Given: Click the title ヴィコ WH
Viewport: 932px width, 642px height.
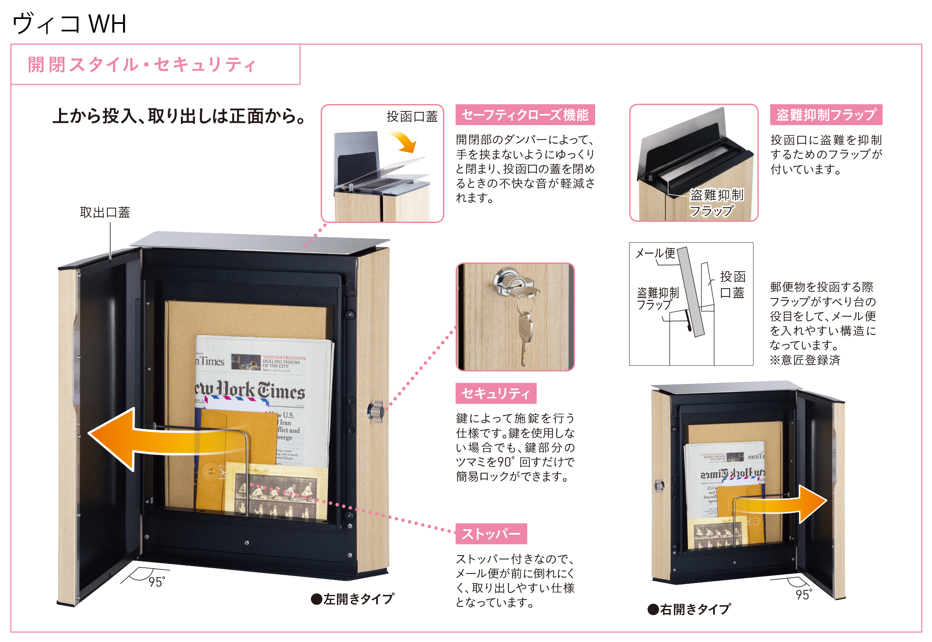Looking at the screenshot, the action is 69,24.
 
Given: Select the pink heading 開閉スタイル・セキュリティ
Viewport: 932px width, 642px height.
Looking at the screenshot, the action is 142,65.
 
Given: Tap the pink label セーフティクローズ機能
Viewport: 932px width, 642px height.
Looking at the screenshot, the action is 525,115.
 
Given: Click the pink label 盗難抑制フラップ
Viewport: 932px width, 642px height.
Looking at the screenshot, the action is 826,115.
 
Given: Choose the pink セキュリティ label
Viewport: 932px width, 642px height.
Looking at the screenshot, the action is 496,393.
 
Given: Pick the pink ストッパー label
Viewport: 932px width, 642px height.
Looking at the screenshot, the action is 491,534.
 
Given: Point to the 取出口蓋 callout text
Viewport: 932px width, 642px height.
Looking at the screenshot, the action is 105,212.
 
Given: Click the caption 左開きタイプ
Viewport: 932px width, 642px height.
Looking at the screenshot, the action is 353,599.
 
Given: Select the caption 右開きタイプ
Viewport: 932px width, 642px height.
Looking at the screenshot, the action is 689,609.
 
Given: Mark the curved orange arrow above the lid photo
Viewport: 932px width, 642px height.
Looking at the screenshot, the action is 403,141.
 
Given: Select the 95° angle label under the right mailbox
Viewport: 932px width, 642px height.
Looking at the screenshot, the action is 804,594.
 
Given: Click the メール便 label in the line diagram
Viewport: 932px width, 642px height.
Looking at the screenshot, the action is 655,253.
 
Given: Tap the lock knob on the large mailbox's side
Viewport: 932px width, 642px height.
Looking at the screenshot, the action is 376,411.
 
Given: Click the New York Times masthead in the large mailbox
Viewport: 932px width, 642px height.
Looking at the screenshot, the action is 250,390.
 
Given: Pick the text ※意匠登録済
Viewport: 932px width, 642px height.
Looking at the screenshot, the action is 805,360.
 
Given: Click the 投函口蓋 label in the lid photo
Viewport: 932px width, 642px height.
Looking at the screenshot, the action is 412,116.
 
